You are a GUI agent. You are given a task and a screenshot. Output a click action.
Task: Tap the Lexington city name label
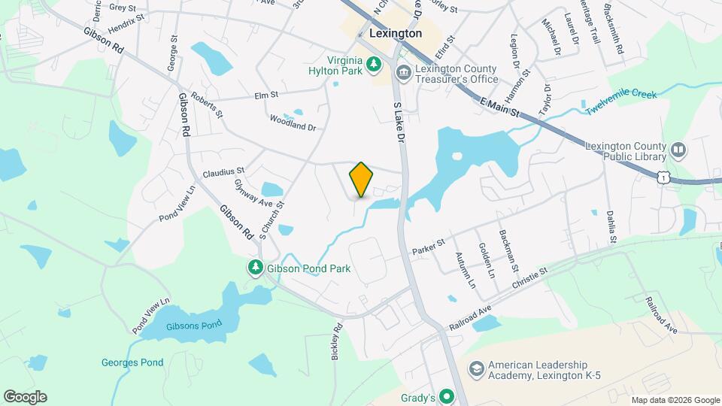(396, 34)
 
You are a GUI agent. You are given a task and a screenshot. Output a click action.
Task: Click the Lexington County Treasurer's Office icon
(404, 72)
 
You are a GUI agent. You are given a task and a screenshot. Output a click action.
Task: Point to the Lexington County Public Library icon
(678, 150)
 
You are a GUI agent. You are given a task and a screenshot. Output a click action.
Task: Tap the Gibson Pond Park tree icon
(256, 268)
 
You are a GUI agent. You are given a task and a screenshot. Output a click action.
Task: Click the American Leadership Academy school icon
(475, 369)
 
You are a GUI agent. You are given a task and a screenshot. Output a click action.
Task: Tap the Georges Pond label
(132, 362)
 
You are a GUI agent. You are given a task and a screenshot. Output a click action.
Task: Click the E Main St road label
(498, 107)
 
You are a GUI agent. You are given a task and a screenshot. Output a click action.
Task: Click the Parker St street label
(429, 246)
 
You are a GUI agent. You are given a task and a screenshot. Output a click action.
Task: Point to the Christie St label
(531, 277)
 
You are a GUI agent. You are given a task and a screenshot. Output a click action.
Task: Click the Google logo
(25, 397)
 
